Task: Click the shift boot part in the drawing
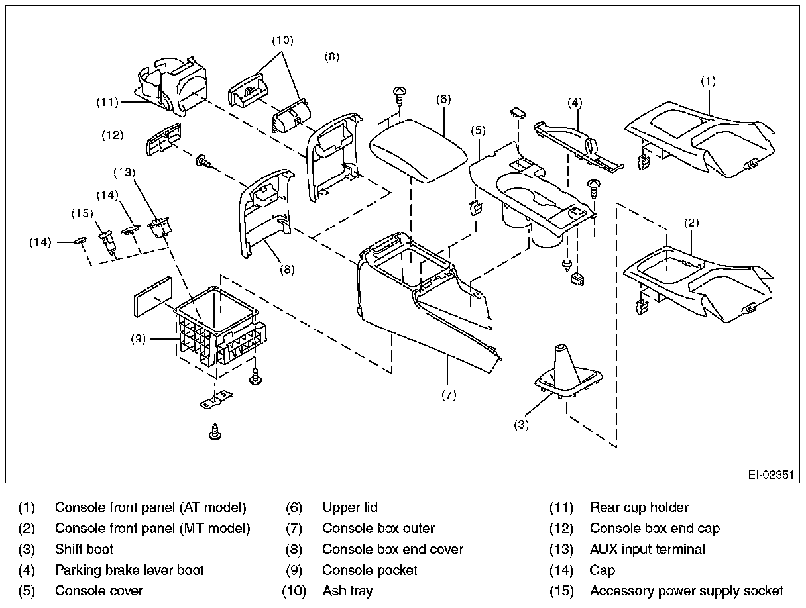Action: pyautogui.click(x=567, y=372)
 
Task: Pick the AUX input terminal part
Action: pyautogui.click(x=160, y=228)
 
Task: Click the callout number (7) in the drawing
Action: pyautogui.click(x=449, y=395)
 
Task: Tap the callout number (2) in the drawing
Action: pyautogui.click(x=691, y=223)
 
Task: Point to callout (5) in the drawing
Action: pyautogui.click(x=479, y=130)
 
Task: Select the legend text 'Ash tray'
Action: pyautogui.click(x=347, y=591)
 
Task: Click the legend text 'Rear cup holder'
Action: pyautogui.click(x=639, y=508)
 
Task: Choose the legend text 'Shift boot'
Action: pyautogui.click(x=84, y=550)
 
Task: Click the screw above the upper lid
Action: pyautogui.click(x=400, y=94)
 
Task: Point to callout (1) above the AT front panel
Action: pyautogui.click(x=709, y=81)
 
